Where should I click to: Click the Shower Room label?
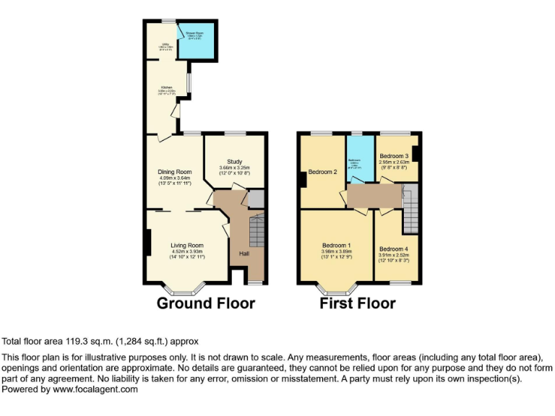click(x=195, y=33)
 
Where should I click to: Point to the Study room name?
click(x=235, y=162)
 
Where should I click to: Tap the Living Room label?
click(x=187, y=245)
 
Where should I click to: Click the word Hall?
click(x=244, y=253)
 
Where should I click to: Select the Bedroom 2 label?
click(x=323, y=172)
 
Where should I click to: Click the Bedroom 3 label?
click(x=395, y=156)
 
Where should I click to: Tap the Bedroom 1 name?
click(x=336, y=245)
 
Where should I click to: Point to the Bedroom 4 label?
click(x=393, y=248)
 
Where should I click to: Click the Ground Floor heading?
click(x=206, y=303)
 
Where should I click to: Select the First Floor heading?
click(x=358, y=303)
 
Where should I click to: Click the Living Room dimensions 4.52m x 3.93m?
click(x=187, y=251)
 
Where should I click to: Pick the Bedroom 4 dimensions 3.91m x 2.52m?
click(x=393, y=255)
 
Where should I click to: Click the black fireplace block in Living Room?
click(x=148, y=242)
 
